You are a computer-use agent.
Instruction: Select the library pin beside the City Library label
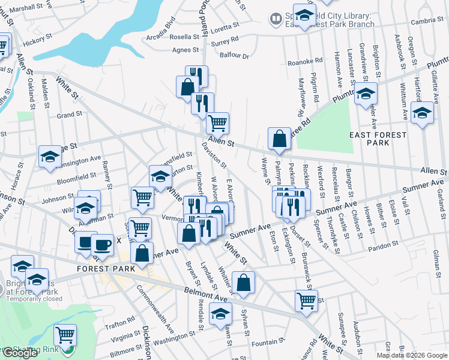[276, 19]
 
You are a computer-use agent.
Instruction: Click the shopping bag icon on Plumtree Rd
[280, 138]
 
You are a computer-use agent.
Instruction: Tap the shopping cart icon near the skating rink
[65, 335]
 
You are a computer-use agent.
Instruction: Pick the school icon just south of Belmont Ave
[220, 313]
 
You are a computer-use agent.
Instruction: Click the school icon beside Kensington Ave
[50, 157]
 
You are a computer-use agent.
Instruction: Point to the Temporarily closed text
[34, 298]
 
